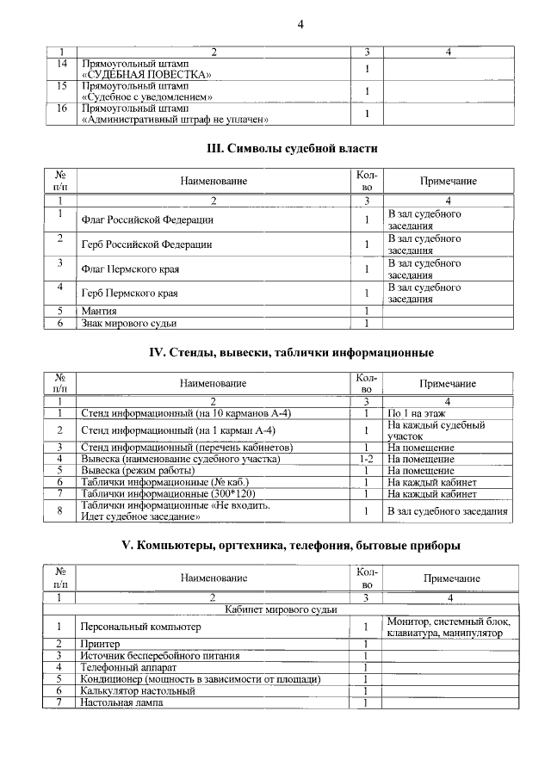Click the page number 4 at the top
pyautogui.click(x=300, y=24)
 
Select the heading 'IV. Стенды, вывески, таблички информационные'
pyautogui.click(x=292, y=353)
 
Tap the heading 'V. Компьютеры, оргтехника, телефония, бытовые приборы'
pyautogui.click(x=291, y=546)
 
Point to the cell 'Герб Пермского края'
pyautogui.click(x=129, y=294)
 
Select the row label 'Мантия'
pyautogui.click(x=99, y=311)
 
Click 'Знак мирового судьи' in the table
pyautogui.click(x=128, y=324)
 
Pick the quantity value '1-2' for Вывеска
pyautogui.click(x=366, y=459)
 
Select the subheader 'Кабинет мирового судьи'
pyautogui.click(x=281, y=610)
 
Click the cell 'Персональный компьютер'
pyautogui.click(x=139, y=628)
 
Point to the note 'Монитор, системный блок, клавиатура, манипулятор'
pyautogui.click(x=449, y=628)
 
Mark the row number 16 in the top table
pyautogui.click(x=61, y=109)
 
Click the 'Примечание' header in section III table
pyautogui.click(x=448, y=182)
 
